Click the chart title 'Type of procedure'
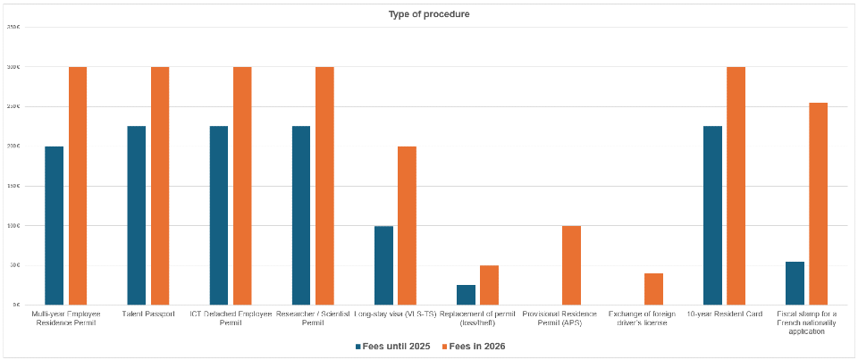click(428, 14)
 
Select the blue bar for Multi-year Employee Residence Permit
click(55, 225)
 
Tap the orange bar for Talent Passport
click(160, 186)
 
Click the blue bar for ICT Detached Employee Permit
click(219, 215)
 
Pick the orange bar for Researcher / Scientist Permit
click(324, 186)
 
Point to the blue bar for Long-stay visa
click(383, 265)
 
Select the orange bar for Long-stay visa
click(407, 225)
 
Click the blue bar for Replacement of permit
click(466, 295)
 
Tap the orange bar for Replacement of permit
click(489, 285)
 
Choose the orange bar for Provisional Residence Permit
click(571, 265)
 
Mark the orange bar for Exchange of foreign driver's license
click(653, 289)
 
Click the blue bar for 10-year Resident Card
click(712, 215)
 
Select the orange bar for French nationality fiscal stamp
click(818, 204)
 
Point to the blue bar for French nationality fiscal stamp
click(795, 283)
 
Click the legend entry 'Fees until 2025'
click(393, 346)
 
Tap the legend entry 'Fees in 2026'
click(477, 346)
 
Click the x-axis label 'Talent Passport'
click(147, 314)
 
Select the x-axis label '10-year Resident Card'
click(724, 314)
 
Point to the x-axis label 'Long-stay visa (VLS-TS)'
click(395, 314)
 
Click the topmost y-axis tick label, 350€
click(13, 28)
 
